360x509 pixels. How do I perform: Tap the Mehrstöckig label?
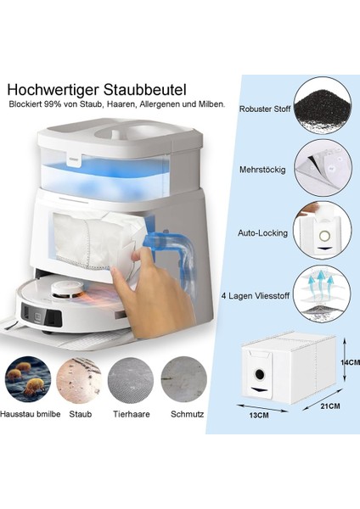[x=264, y=169]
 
